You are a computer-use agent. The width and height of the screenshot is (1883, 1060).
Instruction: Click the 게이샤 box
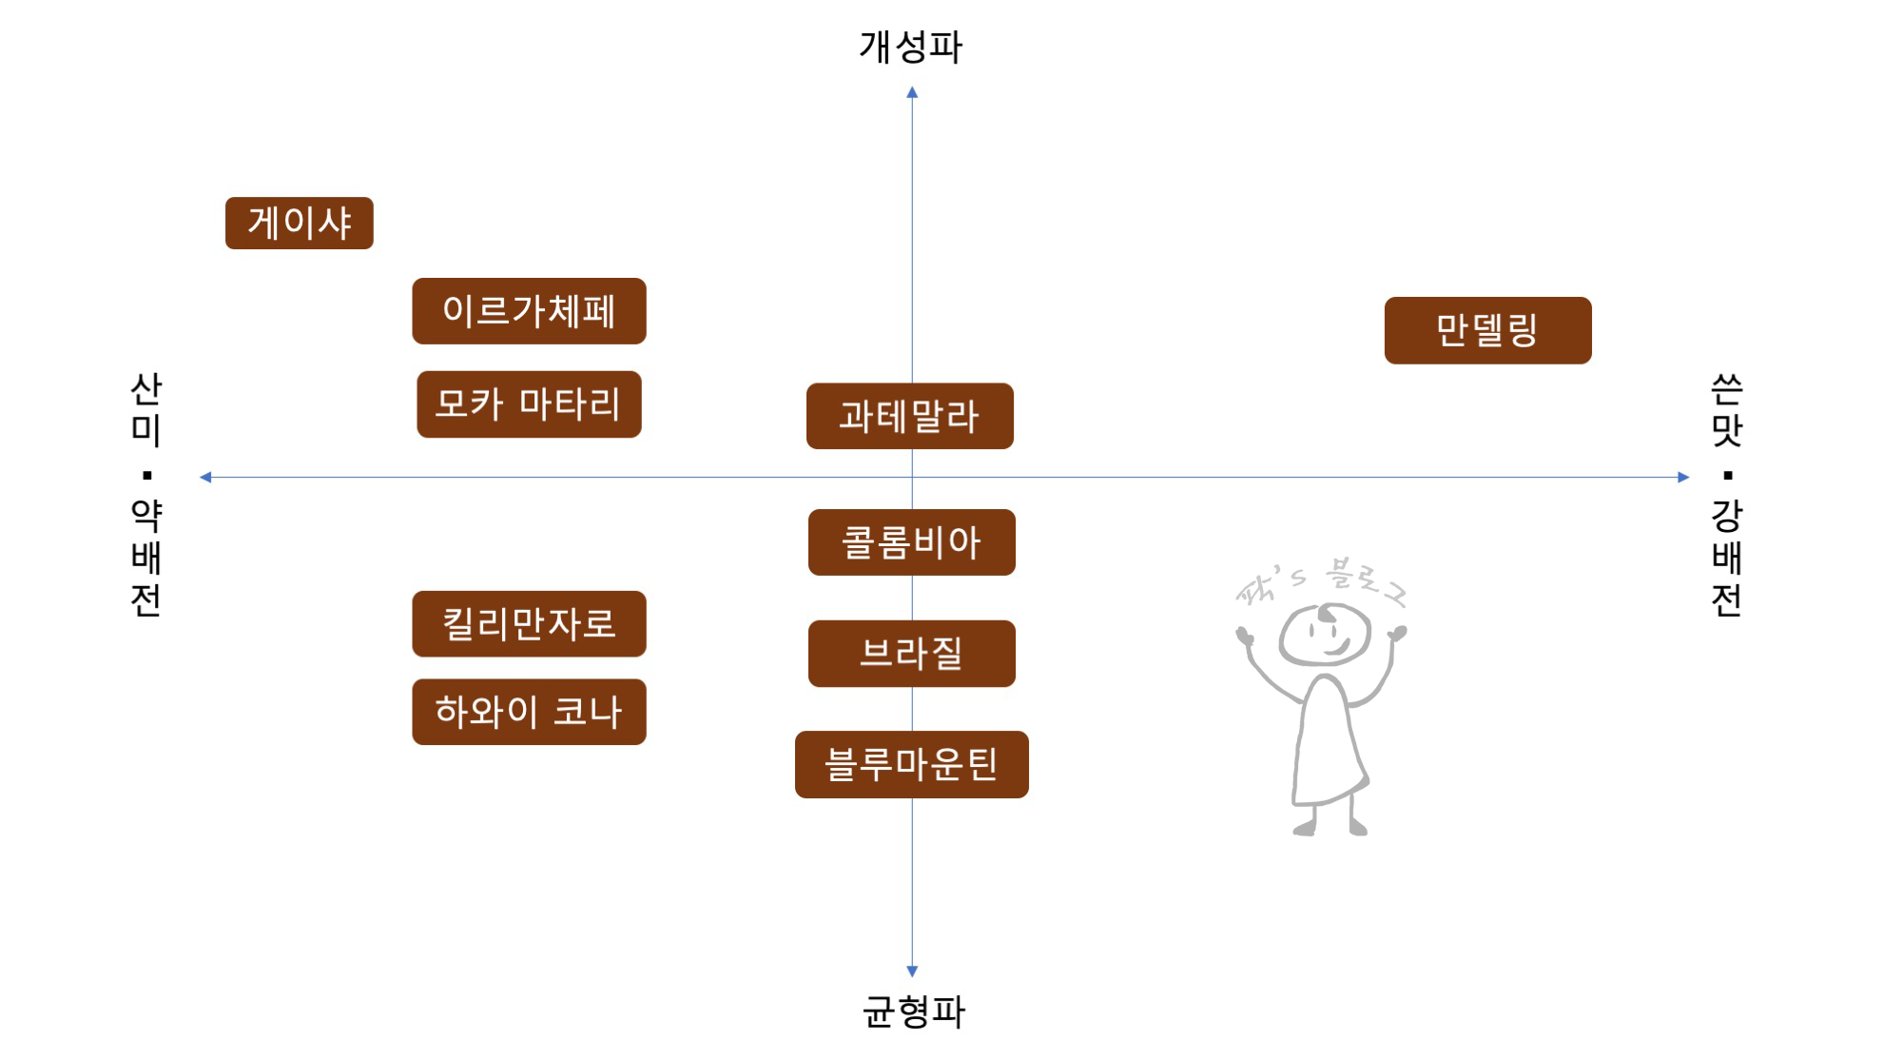(x=299, y=224)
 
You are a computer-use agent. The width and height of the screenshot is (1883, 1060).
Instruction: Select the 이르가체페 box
(x=529, y=311)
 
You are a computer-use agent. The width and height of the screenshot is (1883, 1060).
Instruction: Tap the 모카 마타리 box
(x=529, y=404)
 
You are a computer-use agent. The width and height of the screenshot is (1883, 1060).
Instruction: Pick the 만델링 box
(x=1487, y=330)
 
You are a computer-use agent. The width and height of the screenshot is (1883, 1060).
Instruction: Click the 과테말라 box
(x=909, y=416)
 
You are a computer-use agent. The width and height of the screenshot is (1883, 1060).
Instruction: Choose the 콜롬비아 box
(x=911, y=542)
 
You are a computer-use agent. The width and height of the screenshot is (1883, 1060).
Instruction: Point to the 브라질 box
(x=911, y=654)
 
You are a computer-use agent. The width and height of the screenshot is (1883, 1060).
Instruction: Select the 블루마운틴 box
(x=911, y=764)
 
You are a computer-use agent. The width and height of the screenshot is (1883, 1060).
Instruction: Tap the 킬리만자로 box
(x=529, y=624)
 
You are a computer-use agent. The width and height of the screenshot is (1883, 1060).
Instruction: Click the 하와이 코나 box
(x=529, y=712)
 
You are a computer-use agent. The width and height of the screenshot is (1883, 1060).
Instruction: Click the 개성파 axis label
(x=910, y=47)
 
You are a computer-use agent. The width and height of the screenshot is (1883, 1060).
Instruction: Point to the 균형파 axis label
(x=913, y=1011)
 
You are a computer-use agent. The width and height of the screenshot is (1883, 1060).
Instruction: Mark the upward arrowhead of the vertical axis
(x=912, y=93)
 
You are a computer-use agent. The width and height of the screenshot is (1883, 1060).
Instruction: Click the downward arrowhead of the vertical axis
(x=912, y=971)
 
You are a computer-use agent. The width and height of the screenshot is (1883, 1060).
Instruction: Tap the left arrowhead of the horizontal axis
(x=205, y=477)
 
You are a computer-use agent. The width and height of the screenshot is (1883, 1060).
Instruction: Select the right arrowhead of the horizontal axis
(x=1683, y=477)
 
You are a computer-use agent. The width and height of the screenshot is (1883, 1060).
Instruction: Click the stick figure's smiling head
(x=1324, y=635)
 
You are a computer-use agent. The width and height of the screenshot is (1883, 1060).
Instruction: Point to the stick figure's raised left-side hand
(x=1244, y=635)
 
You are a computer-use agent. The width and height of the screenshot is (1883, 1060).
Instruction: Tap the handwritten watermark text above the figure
(x=1321, y=581)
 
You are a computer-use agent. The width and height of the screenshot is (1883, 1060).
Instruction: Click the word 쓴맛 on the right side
(x=1726, y=409)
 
